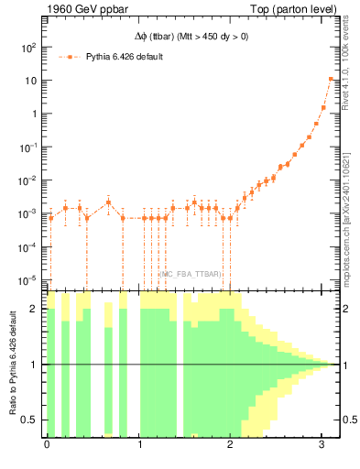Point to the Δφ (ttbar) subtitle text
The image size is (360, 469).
[186, 38]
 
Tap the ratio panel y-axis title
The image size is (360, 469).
[12, 365]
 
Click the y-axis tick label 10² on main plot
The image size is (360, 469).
[28, 47]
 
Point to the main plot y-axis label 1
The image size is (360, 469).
[34, 114]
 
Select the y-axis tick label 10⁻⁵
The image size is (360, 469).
[28, 279]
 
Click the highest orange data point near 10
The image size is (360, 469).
[331, 79]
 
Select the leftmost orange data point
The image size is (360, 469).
[51, 218]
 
